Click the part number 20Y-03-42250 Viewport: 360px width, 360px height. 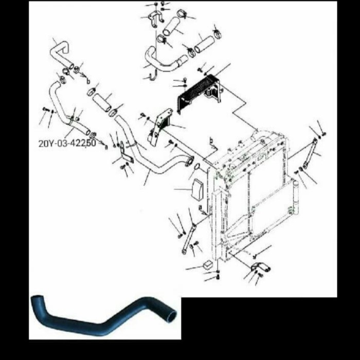[67, 143]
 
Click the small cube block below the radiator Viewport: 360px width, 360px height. [208, 265]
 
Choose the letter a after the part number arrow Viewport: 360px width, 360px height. [106, 147]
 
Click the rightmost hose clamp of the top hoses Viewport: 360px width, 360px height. [217, 35]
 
